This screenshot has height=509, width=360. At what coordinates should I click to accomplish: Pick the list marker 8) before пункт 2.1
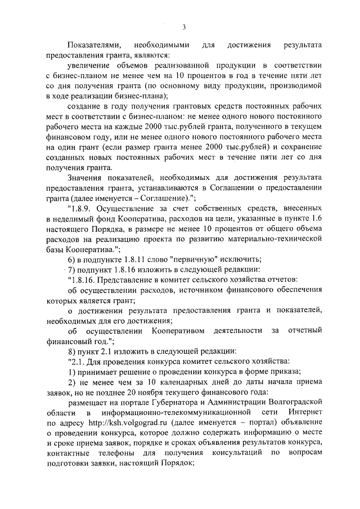click(x=72, y=350)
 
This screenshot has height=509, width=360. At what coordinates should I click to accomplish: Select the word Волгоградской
click(x=293, y=402)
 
